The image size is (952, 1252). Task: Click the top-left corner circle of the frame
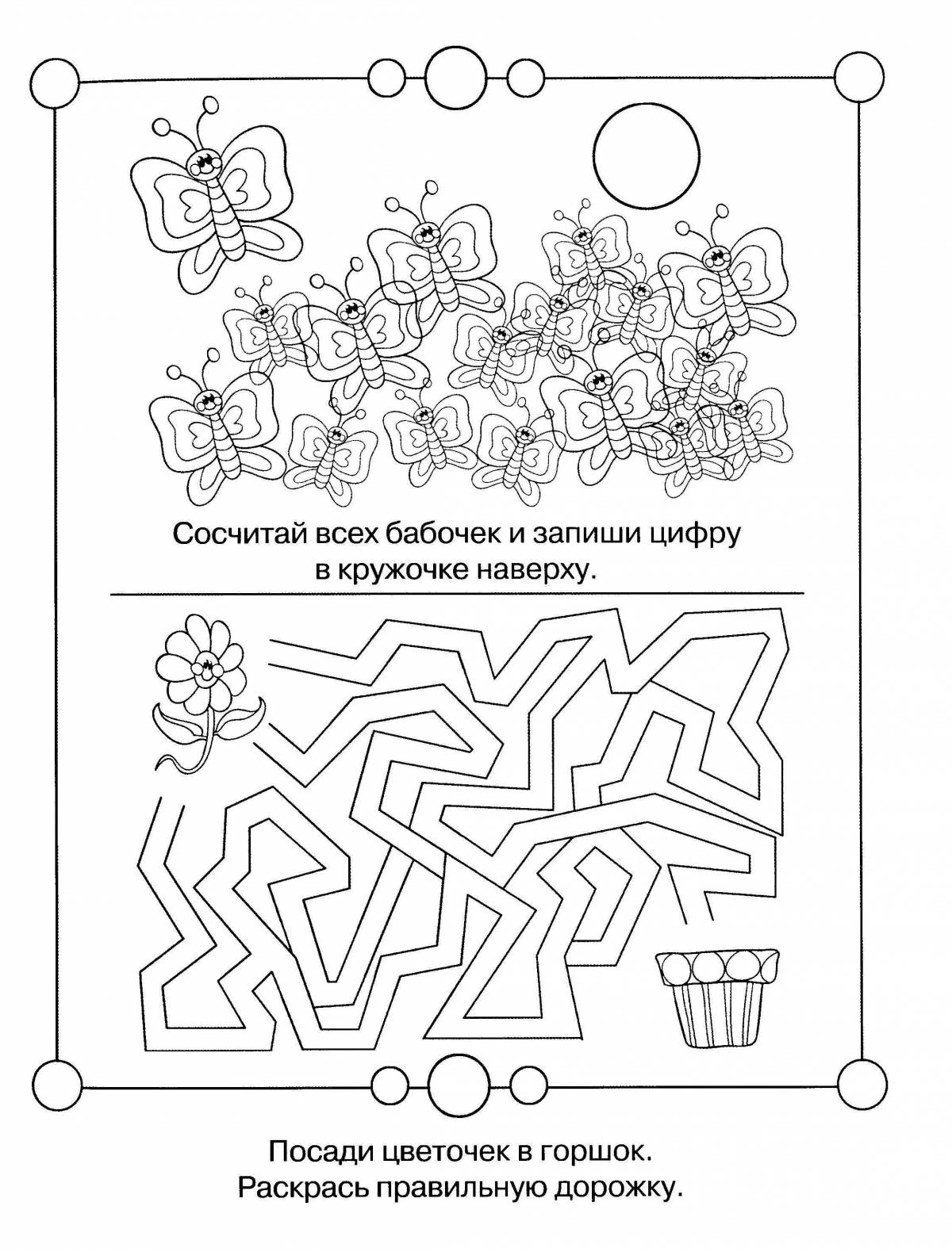56,79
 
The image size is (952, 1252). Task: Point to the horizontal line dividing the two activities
456,594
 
